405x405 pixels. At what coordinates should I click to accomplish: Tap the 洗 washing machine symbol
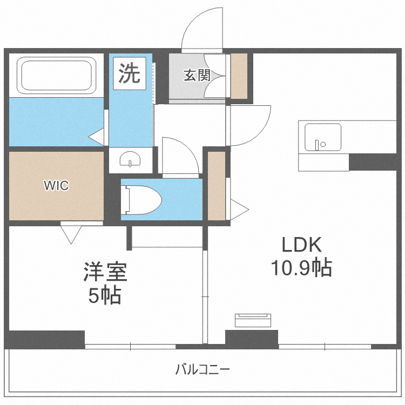click(129, 73)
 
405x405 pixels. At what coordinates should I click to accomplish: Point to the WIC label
click(56, 186)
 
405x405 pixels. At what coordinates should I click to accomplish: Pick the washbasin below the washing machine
click(130, 160)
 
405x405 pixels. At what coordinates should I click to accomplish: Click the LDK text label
click(302, 245)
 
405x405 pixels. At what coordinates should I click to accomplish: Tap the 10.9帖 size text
click(301, 268)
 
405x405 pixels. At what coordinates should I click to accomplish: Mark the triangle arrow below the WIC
click(71, 234)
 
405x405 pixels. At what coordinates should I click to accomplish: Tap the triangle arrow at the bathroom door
click(97, 136)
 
